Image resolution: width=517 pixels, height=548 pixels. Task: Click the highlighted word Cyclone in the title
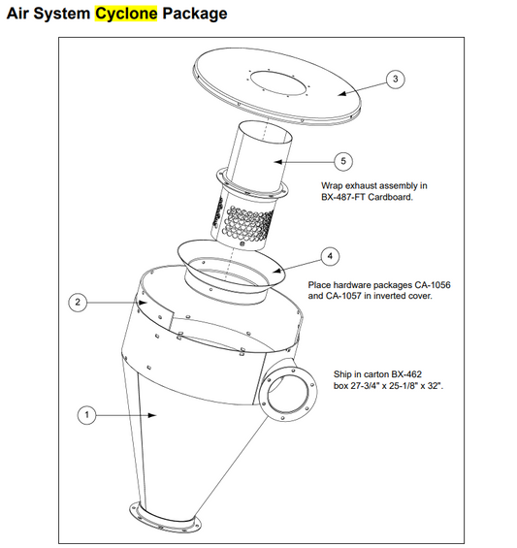(x=126, y=14)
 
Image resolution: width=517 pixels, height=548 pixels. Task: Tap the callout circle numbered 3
(x=396, y=79)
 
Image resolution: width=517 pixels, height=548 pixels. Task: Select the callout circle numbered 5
(x=343, y=161)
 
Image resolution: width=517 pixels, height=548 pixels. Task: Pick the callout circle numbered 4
(x=330, y=256)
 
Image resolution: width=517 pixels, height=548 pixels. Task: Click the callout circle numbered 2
(x=78, y=302)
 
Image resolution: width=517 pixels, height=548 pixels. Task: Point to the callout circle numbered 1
(x=86, y=415)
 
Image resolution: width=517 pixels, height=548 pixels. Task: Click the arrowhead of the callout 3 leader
(x=342, y=93)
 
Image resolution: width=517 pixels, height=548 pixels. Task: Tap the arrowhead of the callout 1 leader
(x=152, y=415)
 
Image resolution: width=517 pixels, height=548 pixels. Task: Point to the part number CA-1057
(x=343, y=296)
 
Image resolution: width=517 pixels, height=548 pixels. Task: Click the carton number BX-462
(x=406, y=374)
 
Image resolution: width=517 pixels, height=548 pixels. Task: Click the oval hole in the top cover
(x=279, y=82)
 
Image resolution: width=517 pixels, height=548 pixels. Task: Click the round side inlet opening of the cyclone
(x=288, y=392)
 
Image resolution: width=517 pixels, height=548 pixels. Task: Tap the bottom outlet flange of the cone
(x=165, y=516)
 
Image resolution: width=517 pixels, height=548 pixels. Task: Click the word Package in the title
(x=195, y=14)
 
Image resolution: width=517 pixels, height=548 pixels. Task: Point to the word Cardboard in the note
(x=390, y=197)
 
